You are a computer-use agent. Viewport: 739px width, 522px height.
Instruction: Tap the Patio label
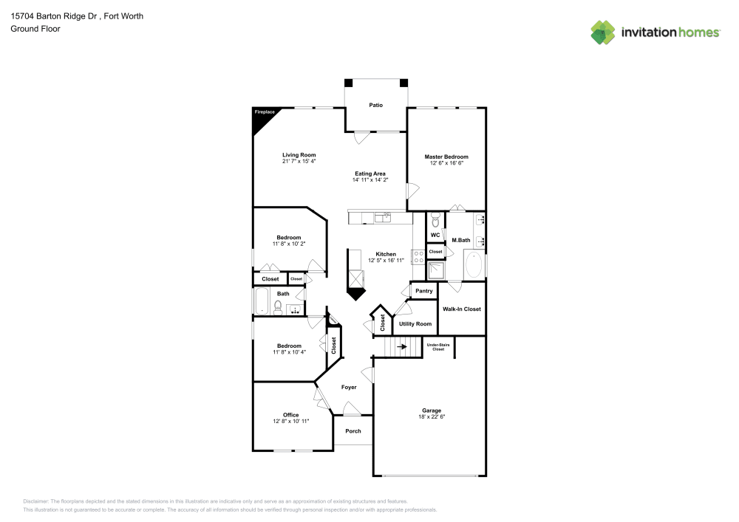pos(376,106)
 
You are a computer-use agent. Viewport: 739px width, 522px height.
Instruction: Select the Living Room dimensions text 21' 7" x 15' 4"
pos(299,161)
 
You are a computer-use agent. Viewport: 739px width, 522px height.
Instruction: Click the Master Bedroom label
pos(446,157)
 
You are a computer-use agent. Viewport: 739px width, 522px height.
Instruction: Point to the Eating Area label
pos(369,174)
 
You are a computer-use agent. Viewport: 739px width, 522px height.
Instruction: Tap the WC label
pos(435,235)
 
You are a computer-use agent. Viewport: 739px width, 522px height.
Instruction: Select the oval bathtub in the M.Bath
pos(474,265)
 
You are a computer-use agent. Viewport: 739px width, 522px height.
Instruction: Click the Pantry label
pos(423,291)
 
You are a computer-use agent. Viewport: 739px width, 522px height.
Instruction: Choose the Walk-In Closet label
pos(462,309)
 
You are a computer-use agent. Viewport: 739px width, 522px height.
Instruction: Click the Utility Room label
pos(415,324)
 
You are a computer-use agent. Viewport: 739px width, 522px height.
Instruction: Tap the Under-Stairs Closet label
pos(438,347)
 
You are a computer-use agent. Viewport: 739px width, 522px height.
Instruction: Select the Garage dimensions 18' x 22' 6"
pos(432,417)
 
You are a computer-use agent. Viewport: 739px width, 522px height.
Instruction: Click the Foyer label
pos(349,387)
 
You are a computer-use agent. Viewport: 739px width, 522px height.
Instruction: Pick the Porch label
pos(353,431)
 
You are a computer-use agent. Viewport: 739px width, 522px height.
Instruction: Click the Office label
pos(290,415)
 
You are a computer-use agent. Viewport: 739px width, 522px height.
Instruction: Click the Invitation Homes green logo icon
pos(603,32)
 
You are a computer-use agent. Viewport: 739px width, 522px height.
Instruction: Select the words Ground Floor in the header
pos(35,29)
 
